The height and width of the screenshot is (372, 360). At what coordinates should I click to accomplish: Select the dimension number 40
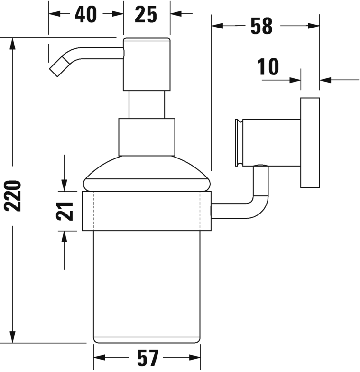(85, 15)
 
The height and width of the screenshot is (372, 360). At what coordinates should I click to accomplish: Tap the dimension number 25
(146, 15)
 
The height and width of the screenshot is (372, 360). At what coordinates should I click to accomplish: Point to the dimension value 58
(261, 27)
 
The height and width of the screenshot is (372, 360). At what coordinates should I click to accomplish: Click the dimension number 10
(269, 67)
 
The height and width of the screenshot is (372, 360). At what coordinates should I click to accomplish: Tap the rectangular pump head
(146, 64)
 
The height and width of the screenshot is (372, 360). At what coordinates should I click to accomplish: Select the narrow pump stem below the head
(146, 104)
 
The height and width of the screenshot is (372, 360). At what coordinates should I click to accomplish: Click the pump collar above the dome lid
(146, 137)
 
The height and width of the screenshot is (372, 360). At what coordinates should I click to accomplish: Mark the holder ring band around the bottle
(146, 211)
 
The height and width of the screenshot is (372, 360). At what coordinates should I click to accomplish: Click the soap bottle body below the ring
(146, 285)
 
